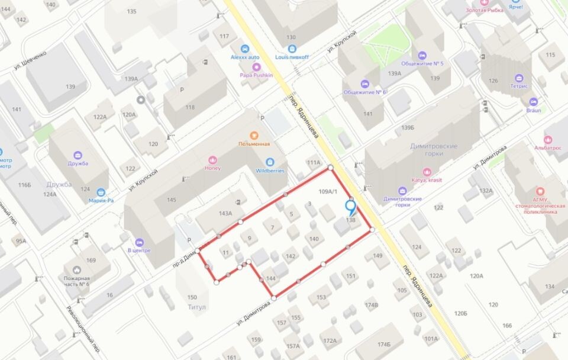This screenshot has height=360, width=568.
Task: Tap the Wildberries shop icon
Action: click(x=270, y=162)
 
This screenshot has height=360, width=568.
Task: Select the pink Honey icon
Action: click(x=213, y=160)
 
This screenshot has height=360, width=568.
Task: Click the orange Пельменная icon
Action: click(x=254, y=135)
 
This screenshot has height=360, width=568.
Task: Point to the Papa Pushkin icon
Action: click(x=256, y=66)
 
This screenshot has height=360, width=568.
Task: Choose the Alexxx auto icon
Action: click(x=244, y=49)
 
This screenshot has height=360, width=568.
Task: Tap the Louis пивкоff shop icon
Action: click(x=292, y=49)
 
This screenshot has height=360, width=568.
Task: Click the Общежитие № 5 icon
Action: click(x=422, y=55)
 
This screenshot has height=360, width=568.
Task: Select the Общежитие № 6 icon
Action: click(x=364, y=83)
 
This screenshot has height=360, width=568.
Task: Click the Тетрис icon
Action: click(x=519, y=78)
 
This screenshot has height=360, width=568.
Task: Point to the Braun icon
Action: click(x=534, y=102)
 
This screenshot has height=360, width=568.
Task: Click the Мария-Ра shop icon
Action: click(x=101, y=192)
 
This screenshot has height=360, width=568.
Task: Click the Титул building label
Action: click(x=196, y=307)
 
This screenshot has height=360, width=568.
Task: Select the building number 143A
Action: click(x=225, y=213)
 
